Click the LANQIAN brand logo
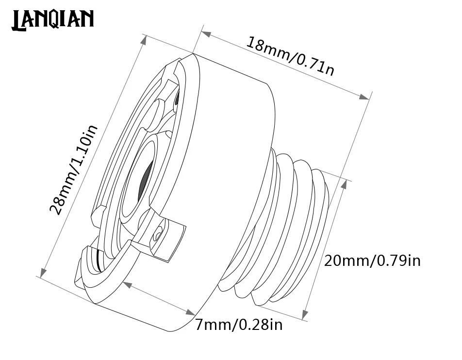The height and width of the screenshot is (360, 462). pyautogui.click(x=53, y=20)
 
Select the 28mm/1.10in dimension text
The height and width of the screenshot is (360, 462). pyautogui.click(x=73, y=170)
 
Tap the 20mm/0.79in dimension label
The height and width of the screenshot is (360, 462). pyautogui.click(x=372, y=261)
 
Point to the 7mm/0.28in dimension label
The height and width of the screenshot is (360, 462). pyautogui.click(x=239, y=325)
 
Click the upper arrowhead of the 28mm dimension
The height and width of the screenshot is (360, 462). pyautogui.click(x=144, y=40)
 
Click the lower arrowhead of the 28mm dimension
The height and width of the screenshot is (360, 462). pyautogui.click(x=43, y=273)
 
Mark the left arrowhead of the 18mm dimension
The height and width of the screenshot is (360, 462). pyautogui.click(x=206, y=33)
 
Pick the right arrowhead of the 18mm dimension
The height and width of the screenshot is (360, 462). pyautogui.click(x=364, y=97)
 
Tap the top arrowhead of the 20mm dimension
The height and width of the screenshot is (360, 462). pyautogui.click(x=344, y=184)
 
